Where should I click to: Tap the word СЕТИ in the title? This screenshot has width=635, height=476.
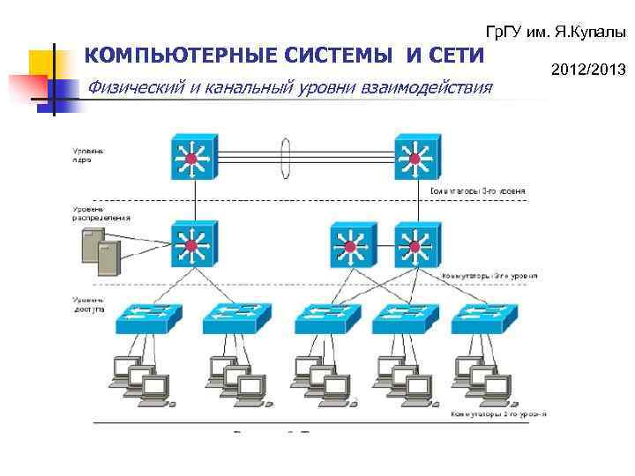[x=454, y=56]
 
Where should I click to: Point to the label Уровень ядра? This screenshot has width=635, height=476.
[x=88, y=158]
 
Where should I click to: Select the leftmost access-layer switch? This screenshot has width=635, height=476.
[x=147, y=318]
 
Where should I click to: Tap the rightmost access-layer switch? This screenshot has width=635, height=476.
[x=483, y=318]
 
